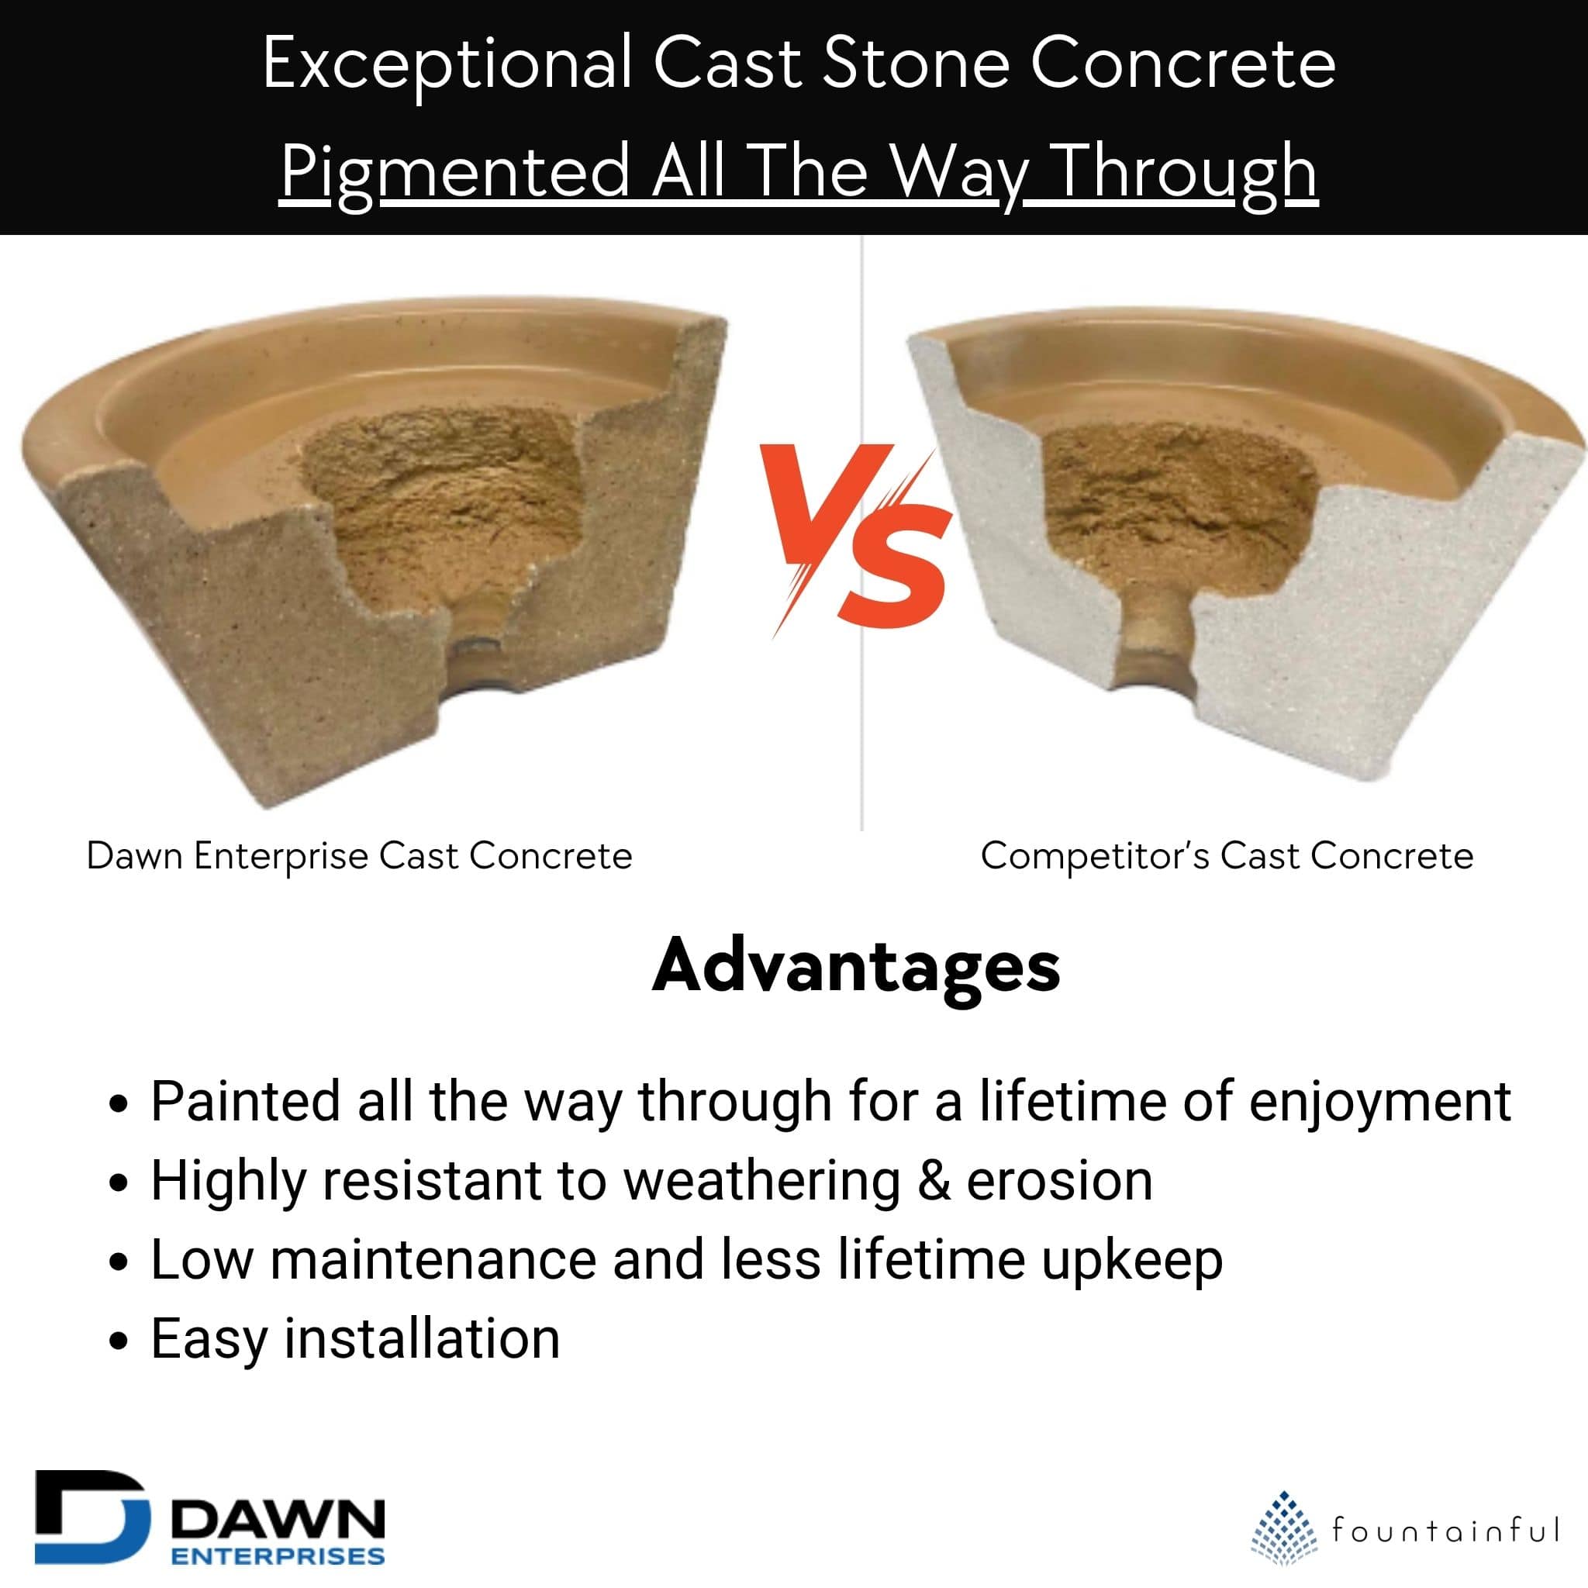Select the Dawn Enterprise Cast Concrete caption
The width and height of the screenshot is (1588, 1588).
[359, 857]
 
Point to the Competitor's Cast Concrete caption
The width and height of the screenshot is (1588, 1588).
[1227, 857]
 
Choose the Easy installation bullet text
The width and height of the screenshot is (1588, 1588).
[355, 1339]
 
